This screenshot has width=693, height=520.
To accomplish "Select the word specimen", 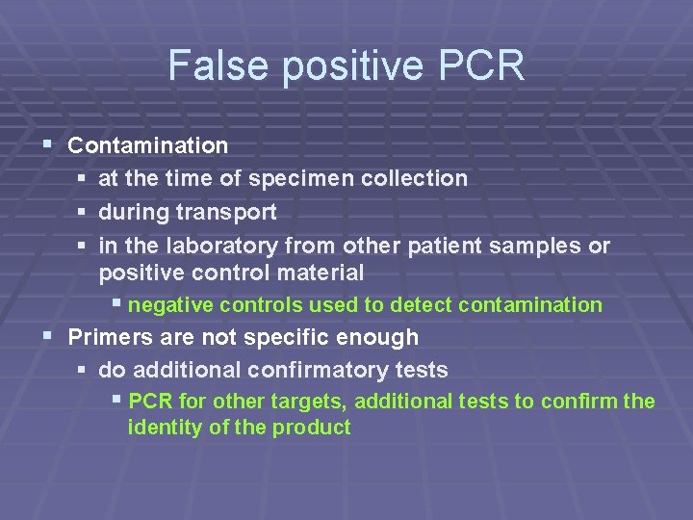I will coord(295,178).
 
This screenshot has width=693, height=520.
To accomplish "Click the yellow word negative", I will coord(171,305).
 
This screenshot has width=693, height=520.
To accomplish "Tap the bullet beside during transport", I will coord(82,212).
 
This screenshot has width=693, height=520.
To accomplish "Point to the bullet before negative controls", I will coord(116,305).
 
